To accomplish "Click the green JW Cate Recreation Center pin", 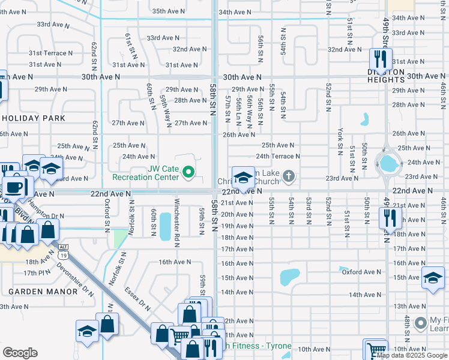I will coord(188,173).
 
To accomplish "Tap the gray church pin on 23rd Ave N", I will coord(289,176).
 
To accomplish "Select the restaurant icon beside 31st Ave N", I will coord(380,59).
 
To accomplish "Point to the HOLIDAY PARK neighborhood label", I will coord(32,118).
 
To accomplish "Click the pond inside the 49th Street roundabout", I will coord(388,162).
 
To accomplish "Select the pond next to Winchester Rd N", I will coord(164,226).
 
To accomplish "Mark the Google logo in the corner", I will coord(20,352).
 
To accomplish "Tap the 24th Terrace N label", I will coord(278,156).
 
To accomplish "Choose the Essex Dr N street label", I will coord(137,296).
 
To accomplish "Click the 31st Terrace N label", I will coord(51,53).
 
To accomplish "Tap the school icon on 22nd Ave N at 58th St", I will coord(243,178).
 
